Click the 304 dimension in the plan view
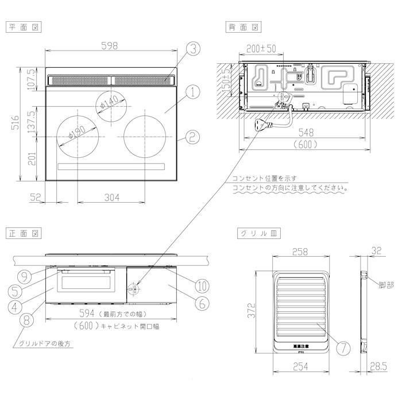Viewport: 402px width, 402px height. click(112, 198)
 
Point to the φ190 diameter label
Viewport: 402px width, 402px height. click(76, 134)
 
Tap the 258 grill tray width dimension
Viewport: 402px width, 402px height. click(300, 252)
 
